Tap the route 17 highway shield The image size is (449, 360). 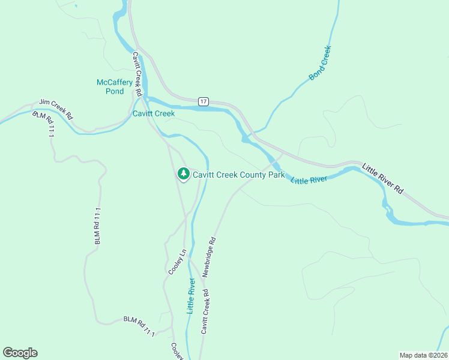(204, 101)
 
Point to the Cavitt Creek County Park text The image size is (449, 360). (238, 175)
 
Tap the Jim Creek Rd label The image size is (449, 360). (56, 109)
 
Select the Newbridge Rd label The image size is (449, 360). (208, 256)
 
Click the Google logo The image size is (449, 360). (20, 353)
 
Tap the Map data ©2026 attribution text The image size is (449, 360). (423, 355)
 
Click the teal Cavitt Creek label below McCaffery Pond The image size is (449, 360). (154, 113)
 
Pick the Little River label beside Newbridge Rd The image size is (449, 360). (191, 296)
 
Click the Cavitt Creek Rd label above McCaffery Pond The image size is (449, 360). (137, 74)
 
